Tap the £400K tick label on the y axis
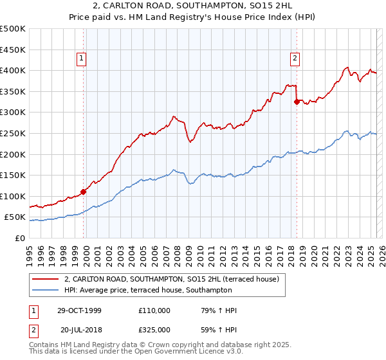click(x=12, y=70)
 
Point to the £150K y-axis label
click(x=12, y=175)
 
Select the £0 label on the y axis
click(x=19, y=238)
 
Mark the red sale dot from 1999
click(x=84, y=192)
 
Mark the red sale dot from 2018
click(x=297, y=101)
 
